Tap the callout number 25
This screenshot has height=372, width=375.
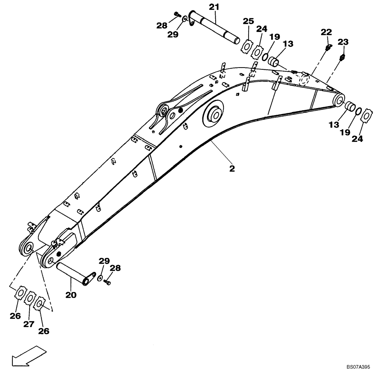pos(248,21)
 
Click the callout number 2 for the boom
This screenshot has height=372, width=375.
pos(232,168)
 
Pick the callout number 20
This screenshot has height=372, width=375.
pos(71,295)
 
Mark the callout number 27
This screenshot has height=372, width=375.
pos(29,324)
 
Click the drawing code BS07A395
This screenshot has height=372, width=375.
pos(358,368)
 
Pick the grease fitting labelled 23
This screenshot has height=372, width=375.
pos(342,57)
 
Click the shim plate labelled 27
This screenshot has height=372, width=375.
pos(30,300)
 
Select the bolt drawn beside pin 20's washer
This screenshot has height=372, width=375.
pos(108,282)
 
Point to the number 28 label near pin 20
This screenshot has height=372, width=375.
pos(115,268)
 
